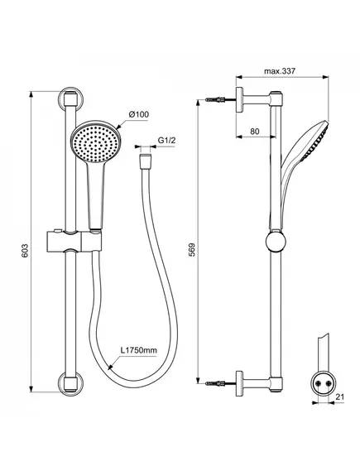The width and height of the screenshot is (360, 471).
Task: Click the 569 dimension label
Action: (192, 249)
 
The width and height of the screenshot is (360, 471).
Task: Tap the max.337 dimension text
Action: (280, 71)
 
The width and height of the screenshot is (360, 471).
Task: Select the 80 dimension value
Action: (254, 132)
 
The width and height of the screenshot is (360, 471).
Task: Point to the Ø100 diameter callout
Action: (139, 114)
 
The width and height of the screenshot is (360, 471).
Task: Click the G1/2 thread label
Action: (166, 140)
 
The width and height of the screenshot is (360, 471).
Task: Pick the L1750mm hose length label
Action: (139, 350)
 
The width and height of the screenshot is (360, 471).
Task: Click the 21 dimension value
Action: (339, 397)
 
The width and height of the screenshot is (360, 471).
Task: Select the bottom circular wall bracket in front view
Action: (70, 383)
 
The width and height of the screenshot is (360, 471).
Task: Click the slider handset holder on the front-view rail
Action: (74, 240)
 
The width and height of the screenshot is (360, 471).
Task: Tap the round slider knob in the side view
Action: (276, 242)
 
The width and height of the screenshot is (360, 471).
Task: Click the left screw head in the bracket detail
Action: (318, 383)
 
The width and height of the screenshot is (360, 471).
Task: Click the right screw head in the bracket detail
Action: (329, 383)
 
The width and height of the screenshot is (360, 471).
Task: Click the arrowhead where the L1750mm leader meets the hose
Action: (110, 367)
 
